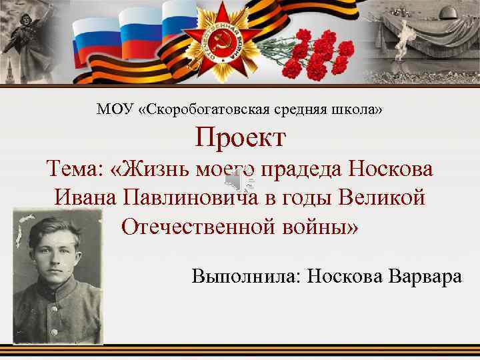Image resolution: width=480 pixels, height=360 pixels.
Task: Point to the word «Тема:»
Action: tap(75, 169)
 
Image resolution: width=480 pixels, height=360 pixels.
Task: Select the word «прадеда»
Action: tap(301, 169)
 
